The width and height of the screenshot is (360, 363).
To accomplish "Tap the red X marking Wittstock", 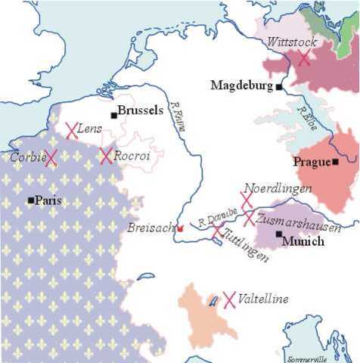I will pos(303,58).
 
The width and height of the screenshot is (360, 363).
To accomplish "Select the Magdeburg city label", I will pos(242,85).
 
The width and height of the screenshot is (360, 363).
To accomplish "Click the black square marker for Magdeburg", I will pos(279,87).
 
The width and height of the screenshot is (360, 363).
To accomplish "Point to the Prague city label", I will pos(312,161).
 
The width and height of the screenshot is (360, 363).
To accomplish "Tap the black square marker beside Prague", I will pos(335,161).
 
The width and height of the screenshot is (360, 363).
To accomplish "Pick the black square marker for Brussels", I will pos(113,115).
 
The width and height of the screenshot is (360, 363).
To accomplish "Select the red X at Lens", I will pos(72,131).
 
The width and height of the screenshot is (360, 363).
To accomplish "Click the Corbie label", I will pos(26,157).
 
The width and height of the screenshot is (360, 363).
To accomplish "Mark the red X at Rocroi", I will pos(106,156).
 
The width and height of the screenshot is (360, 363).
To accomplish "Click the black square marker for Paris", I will pos(30,200).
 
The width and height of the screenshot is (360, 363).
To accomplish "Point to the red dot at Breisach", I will pos(180,228).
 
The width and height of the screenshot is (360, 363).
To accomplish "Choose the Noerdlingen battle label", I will pos(272,189).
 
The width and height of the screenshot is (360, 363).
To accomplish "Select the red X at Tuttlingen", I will pos(217,231).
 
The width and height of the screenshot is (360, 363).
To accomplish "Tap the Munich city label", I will pos(303,241).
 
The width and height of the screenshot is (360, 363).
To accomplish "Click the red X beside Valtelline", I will pos(230,299).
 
